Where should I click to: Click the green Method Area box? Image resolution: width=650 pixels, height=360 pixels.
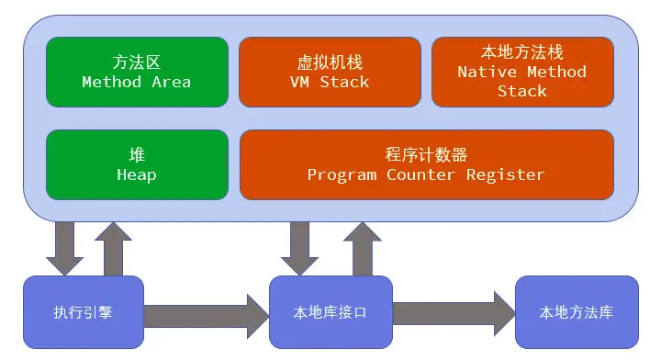tap(137, 72)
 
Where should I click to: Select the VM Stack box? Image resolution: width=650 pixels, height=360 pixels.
tap(330, 72)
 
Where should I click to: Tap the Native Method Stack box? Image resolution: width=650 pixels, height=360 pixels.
tap(522, 72)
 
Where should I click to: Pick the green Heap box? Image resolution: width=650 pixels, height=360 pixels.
tap(137, 164)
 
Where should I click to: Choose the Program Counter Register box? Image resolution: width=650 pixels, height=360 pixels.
tap(426, 164)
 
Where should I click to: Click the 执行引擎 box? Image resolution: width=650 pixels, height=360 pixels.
tap(84, 312)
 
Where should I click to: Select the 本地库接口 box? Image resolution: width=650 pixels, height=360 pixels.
tap(331, 312)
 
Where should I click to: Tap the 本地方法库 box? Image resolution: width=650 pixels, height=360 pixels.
tap(577, 312)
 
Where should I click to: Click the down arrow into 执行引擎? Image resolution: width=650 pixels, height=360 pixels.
tap(65, 248)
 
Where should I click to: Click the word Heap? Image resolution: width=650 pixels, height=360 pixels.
tap(137, 174)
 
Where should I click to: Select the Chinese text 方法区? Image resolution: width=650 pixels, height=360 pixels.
tap(137, 62)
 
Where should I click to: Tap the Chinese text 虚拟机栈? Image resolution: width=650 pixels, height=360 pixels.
tap(330, 62)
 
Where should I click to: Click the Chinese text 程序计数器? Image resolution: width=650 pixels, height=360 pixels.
tap(426, 154)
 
